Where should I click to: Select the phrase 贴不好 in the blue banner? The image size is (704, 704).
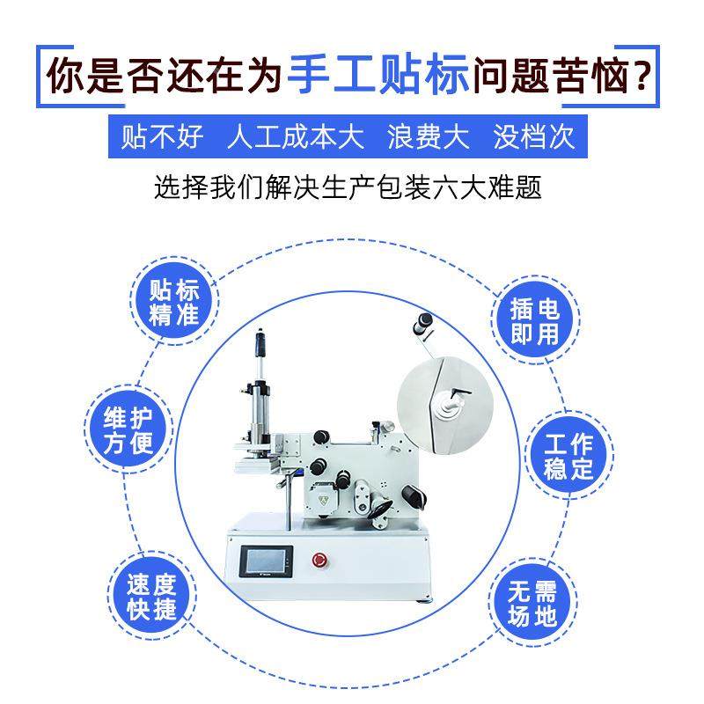[162, 137]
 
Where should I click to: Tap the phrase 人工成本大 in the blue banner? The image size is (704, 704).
[295, 137]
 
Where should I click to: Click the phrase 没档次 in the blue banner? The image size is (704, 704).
[534, 137]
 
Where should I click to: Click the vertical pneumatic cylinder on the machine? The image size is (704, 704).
[261, 387]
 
